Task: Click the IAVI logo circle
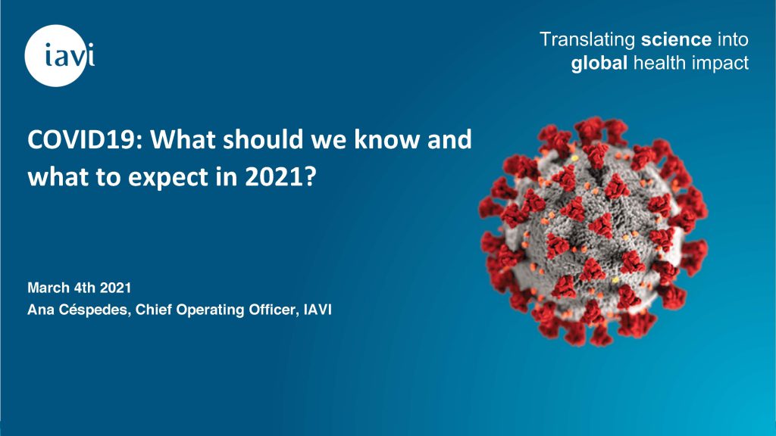click(x=56, y=56)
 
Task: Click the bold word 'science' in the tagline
click(x=676, y=39)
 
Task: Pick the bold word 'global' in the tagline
click(x=599, y=64)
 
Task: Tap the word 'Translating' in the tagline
click(x=587, y=40)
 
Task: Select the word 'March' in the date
click(x=48, y=288)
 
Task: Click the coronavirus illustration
click(x=593, y=231)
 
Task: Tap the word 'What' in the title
click(x=183, y=139)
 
